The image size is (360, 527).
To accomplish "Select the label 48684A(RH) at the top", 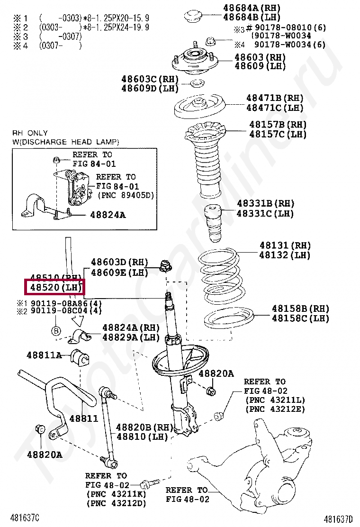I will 252,8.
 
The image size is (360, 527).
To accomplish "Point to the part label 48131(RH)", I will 285,245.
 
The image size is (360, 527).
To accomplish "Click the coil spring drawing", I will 220,278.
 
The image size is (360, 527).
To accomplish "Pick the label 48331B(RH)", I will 265,204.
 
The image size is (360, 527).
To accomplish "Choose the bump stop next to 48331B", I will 213,223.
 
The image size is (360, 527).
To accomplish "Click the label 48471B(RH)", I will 274,98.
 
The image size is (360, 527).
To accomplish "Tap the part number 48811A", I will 44,355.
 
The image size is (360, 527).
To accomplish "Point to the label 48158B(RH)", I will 300,309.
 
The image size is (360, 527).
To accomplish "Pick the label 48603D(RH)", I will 119,262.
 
